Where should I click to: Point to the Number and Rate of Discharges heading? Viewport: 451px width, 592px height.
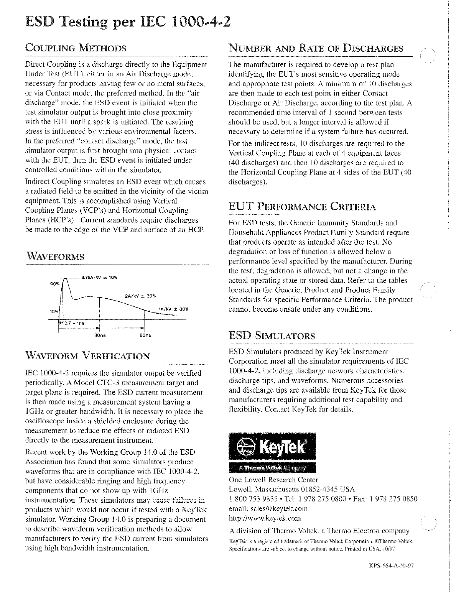point(316,49)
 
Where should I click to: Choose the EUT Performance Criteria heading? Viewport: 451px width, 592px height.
point(302,207)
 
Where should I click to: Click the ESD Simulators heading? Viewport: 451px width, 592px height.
point(272,336)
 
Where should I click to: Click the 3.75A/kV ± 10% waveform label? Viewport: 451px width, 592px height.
point(99,277)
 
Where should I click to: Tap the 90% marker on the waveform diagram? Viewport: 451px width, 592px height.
point(54,283)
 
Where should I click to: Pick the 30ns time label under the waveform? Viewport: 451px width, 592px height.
point(100,335)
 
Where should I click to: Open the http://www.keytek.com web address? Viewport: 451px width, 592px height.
point(265,518)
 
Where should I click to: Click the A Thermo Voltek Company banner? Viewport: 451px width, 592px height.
point(272,468)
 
